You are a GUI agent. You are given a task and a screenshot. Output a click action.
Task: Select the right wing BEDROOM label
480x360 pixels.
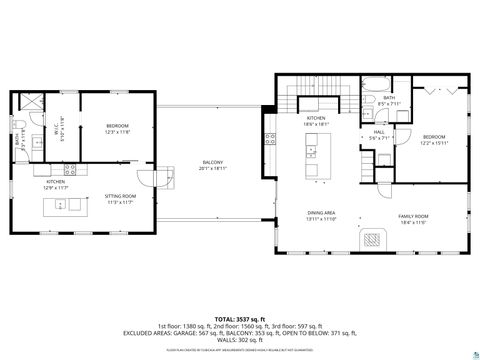[432, 136]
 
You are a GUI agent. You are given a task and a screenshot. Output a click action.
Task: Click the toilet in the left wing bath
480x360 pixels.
[20, 126]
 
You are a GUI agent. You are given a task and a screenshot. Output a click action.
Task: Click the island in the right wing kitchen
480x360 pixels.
[313, 159]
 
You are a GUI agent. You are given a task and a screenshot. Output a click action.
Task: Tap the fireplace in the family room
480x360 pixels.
[372, 238]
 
